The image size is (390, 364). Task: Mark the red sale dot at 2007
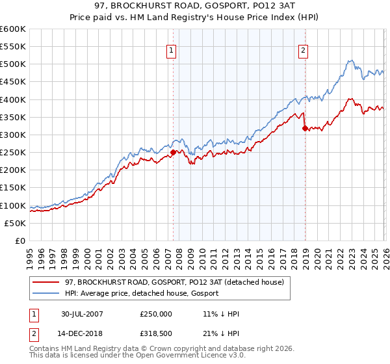tap(173, 153)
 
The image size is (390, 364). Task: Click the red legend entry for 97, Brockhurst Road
tap(174, 283)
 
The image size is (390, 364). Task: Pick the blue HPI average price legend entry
tap(142, 294)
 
